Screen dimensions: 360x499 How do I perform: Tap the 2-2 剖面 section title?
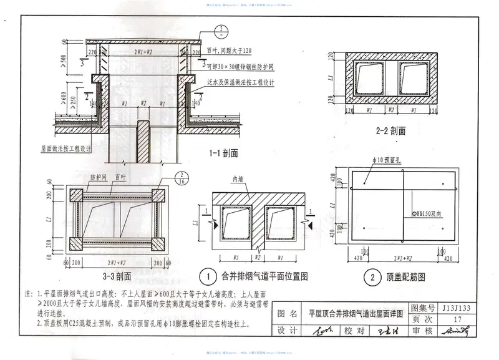(x=391, y=131)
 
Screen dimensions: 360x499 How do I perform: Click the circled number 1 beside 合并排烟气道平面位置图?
(x=204, y=276)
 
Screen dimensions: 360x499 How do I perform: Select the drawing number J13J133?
(x=459, y=308)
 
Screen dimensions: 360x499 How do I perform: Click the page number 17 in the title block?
(x=458, y=319)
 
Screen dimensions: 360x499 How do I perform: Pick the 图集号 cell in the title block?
(x=425, y=308)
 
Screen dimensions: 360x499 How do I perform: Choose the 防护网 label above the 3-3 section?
(x=95, y=177)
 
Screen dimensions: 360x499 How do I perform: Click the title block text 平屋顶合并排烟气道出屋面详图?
(x=356, y=313)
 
